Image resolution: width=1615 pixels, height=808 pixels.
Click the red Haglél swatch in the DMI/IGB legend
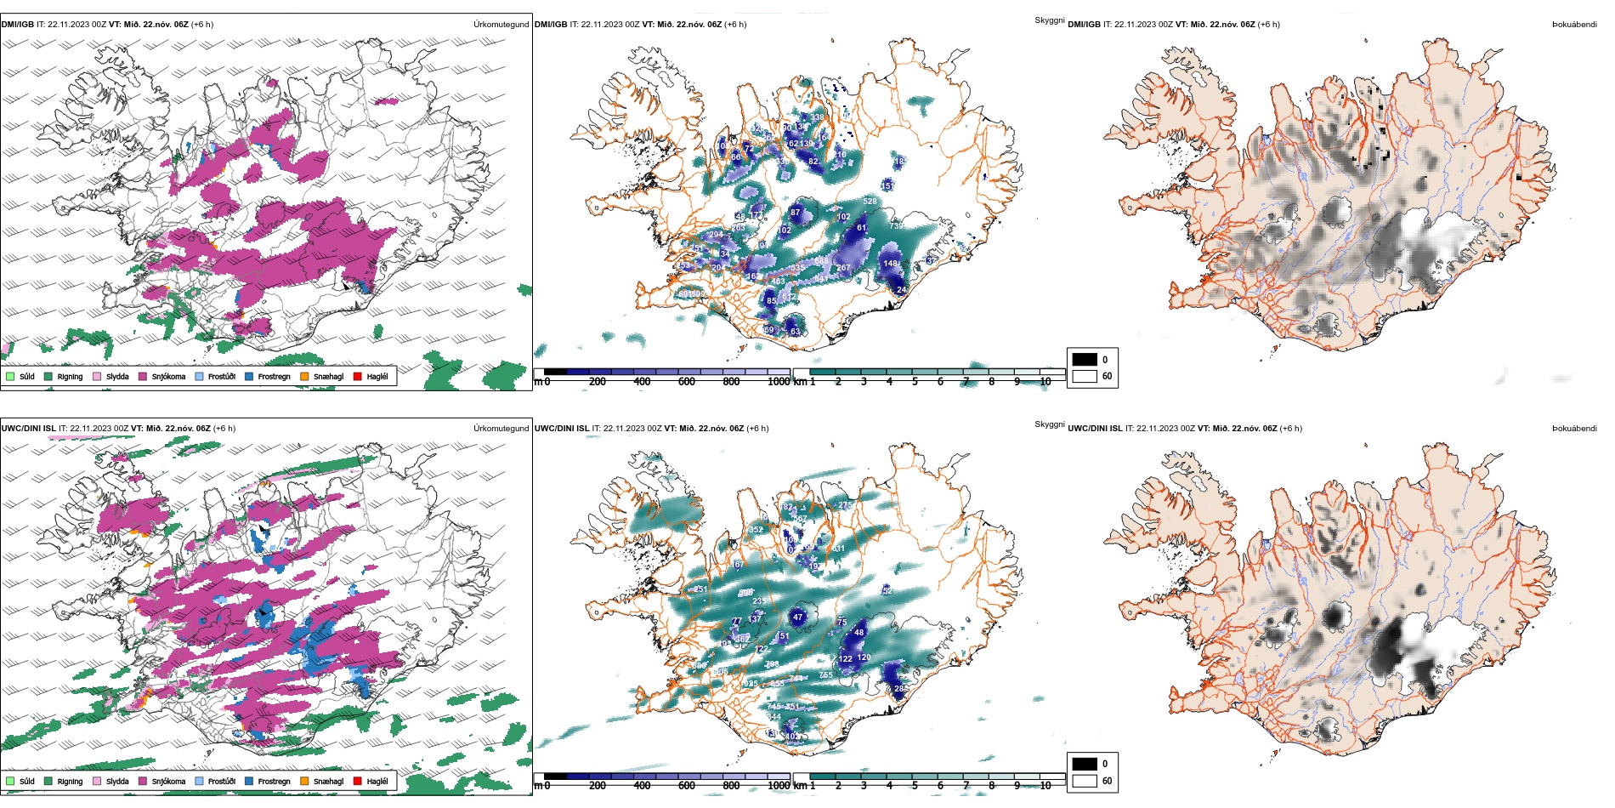(x=358, y=376)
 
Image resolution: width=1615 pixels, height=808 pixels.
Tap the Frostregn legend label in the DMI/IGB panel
(x=274, y=376)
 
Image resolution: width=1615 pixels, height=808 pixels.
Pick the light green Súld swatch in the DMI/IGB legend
(x=10, y=376)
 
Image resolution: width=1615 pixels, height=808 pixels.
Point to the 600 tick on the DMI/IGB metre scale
(x=687, y=382)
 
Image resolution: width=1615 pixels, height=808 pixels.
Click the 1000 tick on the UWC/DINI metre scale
(x=779, y=786)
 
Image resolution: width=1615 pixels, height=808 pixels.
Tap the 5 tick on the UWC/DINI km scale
(x=915, y=786)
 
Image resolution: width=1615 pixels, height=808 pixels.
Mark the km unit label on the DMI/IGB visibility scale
(x=800, y=382)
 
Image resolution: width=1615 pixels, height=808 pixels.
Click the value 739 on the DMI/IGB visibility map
(x=896, y=226)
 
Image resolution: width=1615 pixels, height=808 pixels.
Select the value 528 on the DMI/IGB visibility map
(x=870, y=202)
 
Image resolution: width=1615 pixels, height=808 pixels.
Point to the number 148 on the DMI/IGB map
(x=890, y=264)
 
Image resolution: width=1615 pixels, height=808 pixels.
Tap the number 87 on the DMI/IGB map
(x=796, y=213)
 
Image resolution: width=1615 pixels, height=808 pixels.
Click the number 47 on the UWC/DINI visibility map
(x=797, y=617)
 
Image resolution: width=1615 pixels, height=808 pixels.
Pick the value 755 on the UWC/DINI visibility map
(x=825, y=675)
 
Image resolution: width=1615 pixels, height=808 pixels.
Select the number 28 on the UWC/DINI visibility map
(x=899, y=689)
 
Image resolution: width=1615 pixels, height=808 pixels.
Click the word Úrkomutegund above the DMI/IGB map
(x=501, y=25)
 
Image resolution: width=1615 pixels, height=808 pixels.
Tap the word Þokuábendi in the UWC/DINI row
(x=1574, y=429)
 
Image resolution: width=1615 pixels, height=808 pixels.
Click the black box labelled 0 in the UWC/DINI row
(x=1085, y=764)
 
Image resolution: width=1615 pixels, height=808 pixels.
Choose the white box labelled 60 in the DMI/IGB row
(x=1085, y=376)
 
